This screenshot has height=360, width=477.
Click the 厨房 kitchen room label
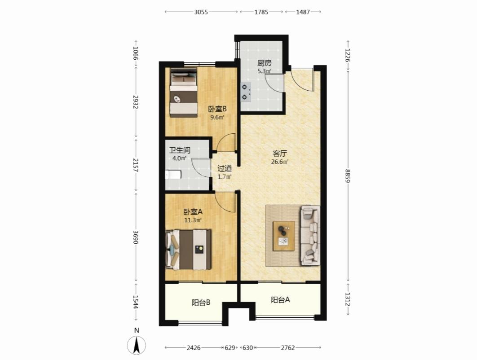coord(264,63)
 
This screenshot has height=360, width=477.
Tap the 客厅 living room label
coord(279,154)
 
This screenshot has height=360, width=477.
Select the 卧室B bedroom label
coord(217,109)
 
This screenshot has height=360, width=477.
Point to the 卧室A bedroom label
coord(193,211)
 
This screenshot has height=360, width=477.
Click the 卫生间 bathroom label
coord(180,150)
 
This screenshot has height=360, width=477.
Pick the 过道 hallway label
coord(225,168)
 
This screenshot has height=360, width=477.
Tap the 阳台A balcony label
coord(280,300)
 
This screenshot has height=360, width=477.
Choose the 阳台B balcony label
coord(201,303)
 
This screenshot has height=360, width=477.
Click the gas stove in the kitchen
coord(246,92)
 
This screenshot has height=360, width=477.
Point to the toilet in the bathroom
coord(173,175)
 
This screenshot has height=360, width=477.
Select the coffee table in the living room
coord(283,236)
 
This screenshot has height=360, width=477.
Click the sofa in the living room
coord(310,236)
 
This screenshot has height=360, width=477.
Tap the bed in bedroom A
coord(188,250)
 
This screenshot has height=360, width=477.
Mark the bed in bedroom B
coord(183,92)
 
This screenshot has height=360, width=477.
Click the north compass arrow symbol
coord(137,345)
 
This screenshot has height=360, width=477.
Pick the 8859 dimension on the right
coord(348,176)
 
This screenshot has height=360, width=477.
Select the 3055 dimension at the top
coord(201,12)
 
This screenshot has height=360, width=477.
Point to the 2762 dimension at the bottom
coord(287,347)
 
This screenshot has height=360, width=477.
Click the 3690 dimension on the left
coord(136,237)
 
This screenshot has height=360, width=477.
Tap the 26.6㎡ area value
coord(279,162)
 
